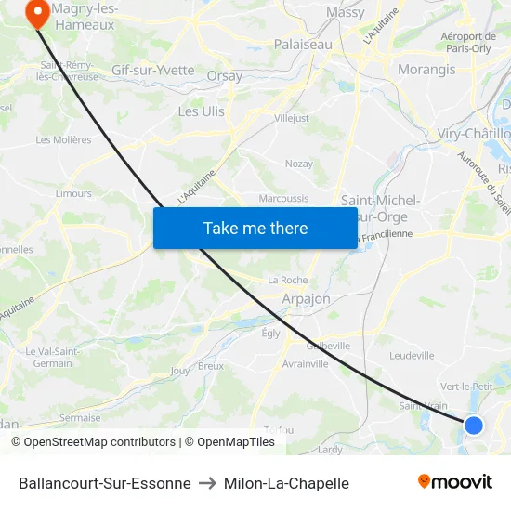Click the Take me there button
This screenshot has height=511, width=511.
pyautogui.click(x=255, y=228)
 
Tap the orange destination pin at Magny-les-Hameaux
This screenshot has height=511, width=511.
pyautogui.click(x=38, y=14)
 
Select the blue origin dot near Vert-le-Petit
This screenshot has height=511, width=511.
pyautogui.click(x=473, y=425)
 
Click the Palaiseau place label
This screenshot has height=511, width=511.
pyautogui.click(x=302, y=44)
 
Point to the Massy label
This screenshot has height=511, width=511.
pyautogui.click(x=346, y=13)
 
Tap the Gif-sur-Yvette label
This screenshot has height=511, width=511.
pyautogui.click(x=152, y=71)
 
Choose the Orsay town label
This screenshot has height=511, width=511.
pyautogui.click(x=225, y=76)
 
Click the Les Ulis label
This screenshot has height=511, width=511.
pyautogui.click(x=201, y=111)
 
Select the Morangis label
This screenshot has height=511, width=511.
pyautogui.click(x=426, y=70)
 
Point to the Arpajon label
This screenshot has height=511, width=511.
pyautogui.click(x=306, y=299)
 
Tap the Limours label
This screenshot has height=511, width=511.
pyautogui.click(x=74, y=193)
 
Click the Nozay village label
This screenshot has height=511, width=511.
pyautogui.click(x=298, y=164)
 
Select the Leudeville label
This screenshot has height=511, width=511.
pyautogui.click(x=412, y=355)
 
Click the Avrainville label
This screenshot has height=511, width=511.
pyautogui.click(x=305, y=363)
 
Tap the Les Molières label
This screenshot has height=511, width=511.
pyautogui.click(x=63, y=140)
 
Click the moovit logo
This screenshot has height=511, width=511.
pyautogui.click(x=455, y=482)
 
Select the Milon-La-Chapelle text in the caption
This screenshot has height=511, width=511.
pyautogui.click(x=286, y=483)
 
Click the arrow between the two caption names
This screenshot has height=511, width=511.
pyautogui.click(x=207, y=483)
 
